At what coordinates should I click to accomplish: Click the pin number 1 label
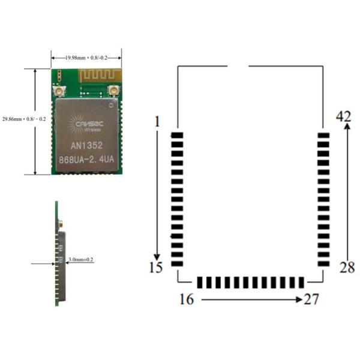157,122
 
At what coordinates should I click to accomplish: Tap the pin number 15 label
156,268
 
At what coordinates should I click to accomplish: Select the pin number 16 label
187,299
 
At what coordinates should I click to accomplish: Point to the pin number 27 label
311,299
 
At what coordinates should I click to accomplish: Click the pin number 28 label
347,268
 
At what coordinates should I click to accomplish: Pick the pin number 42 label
344,116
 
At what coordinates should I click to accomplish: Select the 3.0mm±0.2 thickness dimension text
81,260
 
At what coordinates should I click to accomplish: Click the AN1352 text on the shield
86,145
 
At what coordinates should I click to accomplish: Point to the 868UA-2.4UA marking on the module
86,160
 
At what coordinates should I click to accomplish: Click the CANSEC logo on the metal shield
86,124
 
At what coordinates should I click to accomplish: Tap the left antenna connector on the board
60,91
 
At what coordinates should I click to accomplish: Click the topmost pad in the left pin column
176,136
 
